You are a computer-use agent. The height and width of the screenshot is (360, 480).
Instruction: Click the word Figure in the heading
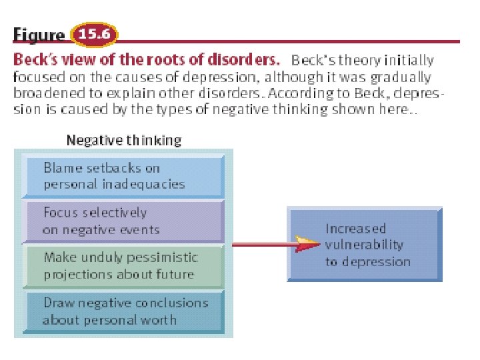[x=39, y=35]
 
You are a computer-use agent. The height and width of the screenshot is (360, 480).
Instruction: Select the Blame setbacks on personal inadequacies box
[x=123, y=176]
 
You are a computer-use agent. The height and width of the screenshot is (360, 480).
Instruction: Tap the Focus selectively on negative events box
[x=123, y=221]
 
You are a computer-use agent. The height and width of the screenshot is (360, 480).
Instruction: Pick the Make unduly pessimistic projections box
[x=123, y=265]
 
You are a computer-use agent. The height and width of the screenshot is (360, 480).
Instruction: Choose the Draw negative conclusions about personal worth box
[x=123, y=311]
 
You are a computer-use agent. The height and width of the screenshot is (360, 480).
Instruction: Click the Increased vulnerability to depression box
[x=365, y=244]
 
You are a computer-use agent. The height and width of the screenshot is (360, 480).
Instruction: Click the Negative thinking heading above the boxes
[x=123, y=141]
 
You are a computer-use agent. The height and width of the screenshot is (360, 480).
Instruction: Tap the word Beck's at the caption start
[x=33, y=60]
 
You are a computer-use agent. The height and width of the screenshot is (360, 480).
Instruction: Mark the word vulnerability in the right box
[x=365, y=245]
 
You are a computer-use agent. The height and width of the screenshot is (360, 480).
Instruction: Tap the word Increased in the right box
[x=355, y=229]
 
